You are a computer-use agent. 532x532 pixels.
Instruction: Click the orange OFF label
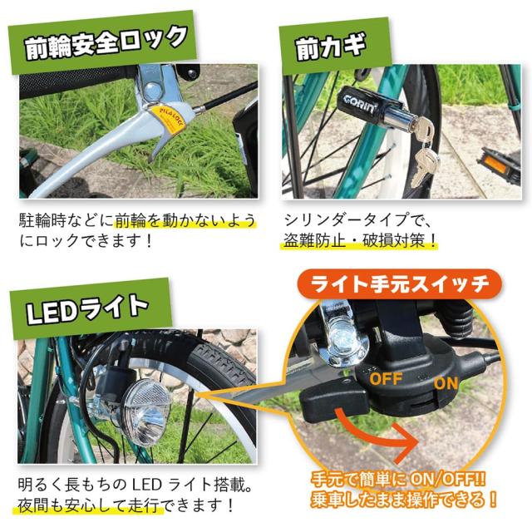click(387, 379)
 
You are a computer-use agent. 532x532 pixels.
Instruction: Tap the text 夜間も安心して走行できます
click(127, 505)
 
